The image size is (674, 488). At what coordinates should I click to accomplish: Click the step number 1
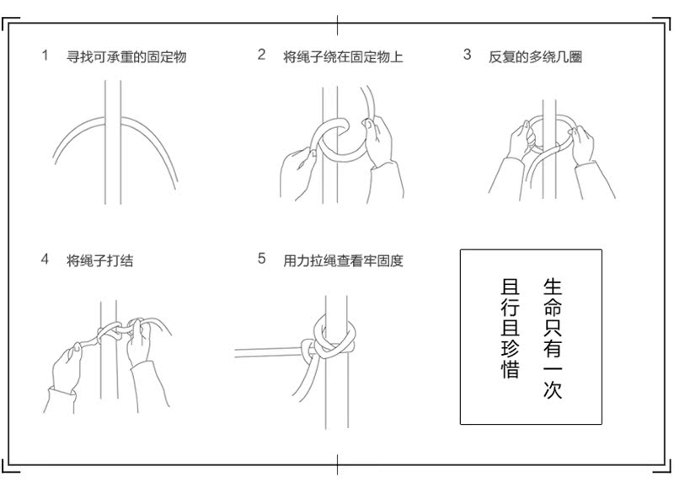(x=45, y=56)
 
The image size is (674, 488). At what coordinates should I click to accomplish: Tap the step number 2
(x=261, y=55)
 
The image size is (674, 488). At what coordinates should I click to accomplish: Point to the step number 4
(x=45, y=260)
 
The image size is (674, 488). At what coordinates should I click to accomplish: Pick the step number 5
(x=261, y=259)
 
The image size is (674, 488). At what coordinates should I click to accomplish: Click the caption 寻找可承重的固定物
(x=126, y=57)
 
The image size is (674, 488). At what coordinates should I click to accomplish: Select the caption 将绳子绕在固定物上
(x=343, y=57)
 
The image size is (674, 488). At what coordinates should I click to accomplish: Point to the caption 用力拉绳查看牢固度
(x=343, y=261)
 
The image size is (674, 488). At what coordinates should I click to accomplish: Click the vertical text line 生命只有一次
(x=552, y=337)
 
